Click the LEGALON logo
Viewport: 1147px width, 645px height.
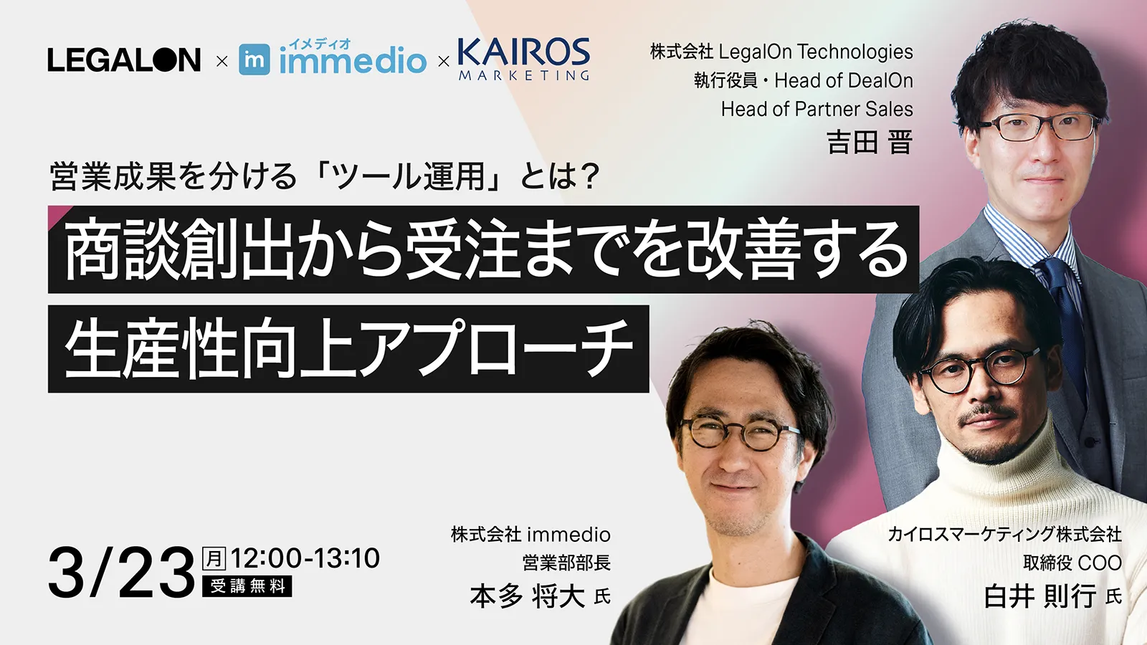point(124,59)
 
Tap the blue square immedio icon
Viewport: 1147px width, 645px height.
point(254,60)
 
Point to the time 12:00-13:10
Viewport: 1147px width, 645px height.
point(305,558)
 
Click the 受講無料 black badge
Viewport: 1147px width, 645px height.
point(247,586)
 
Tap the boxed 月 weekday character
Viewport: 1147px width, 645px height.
point(214,558)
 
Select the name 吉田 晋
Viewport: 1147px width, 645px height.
point(870,142)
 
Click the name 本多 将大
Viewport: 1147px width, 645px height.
point(527,596)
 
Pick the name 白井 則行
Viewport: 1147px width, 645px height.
point(1040,596)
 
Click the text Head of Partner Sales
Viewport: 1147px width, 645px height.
point(817,109)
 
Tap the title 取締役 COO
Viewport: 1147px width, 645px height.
point(1072,563)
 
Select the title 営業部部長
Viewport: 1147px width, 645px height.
point(566,563)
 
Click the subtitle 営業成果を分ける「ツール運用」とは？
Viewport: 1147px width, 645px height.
point(324,176)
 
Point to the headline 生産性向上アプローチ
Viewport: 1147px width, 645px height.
point(348,349)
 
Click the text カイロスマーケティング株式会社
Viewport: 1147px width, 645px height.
point(1004,534)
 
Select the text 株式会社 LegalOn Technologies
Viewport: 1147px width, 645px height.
point(781,52)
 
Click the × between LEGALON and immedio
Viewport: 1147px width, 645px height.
point(222,62)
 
